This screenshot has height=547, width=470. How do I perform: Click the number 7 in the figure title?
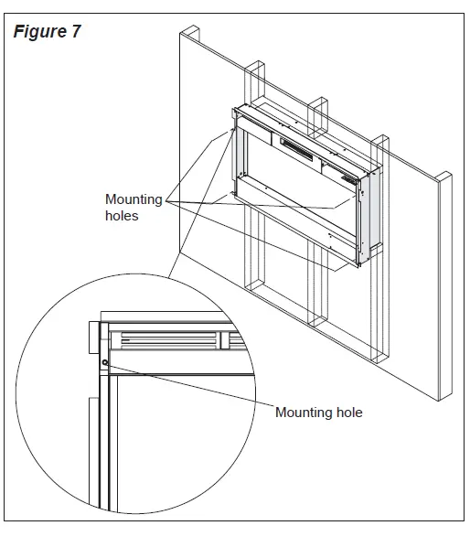point(76,32)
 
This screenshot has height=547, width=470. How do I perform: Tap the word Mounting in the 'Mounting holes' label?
point(133,199)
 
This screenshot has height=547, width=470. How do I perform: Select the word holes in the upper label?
point(122,216)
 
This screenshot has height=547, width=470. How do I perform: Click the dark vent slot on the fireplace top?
point(296,145)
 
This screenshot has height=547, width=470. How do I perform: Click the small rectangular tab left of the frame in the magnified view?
point(92,338)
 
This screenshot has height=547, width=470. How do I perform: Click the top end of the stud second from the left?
point(255,67)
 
